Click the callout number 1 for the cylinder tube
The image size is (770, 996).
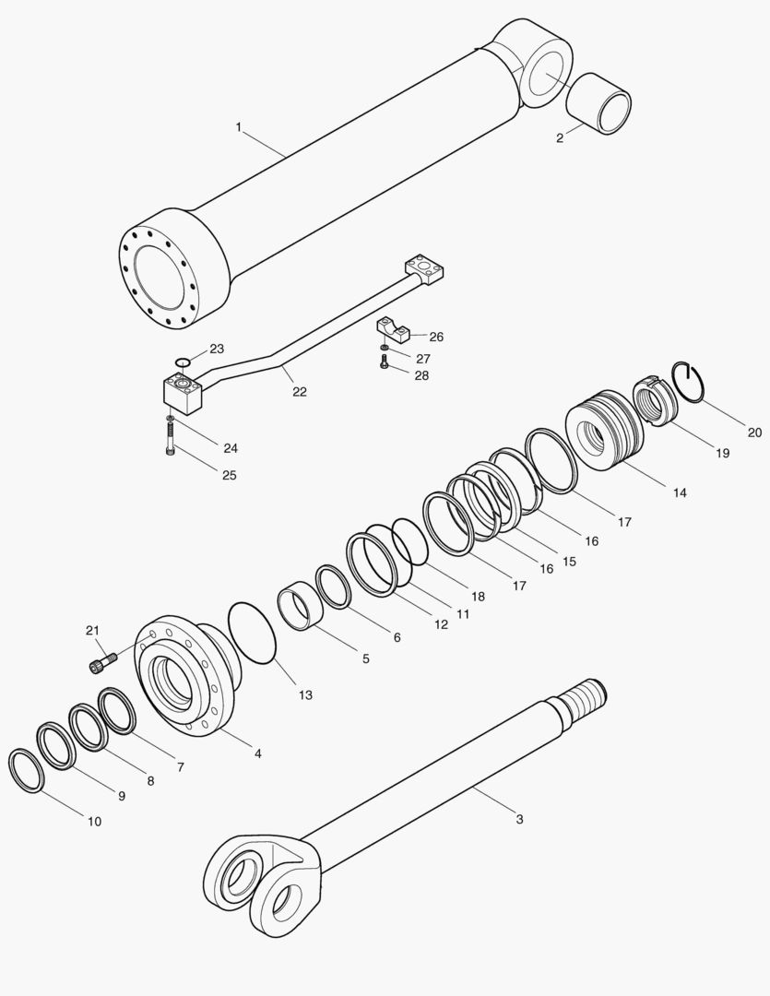tap(238, 127)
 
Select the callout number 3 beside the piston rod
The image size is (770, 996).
tap(519, 819)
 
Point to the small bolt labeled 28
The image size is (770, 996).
tap(384, 364)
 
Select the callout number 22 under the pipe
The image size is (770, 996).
tap(300, 391)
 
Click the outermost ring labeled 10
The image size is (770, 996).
tap(26, 771)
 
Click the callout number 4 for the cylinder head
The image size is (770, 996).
tap(257, 753)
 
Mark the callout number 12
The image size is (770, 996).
tap(442, 624)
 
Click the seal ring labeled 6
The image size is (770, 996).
tap(333, 587)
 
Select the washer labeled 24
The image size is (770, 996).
tap(171, 420)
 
